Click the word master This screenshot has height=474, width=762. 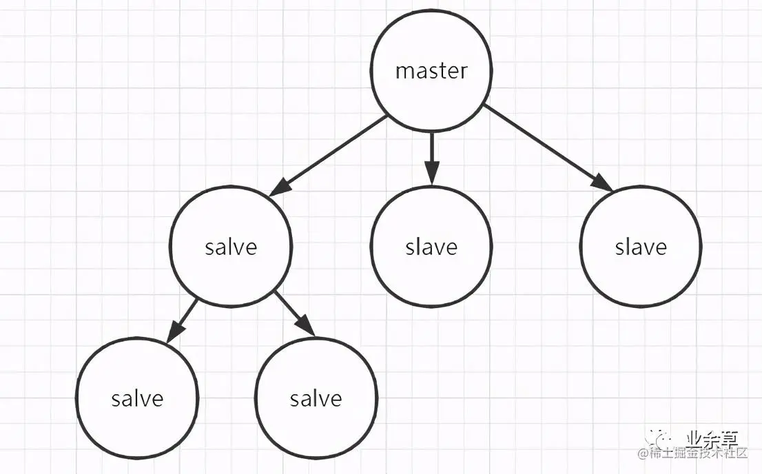click(432, 71)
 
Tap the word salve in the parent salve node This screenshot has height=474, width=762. click(231, 247)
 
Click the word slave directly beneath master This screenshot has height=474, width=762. click(431, 247)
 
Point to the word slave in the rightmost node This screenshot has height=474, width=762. click(641, 247)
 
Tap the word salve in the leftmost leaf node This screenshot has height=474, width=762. click(137, 398)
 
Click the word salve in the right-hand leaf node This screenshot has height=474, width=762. click(316, 398)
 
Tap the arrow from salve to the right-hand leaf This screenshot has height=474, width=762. click(294, 313)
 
